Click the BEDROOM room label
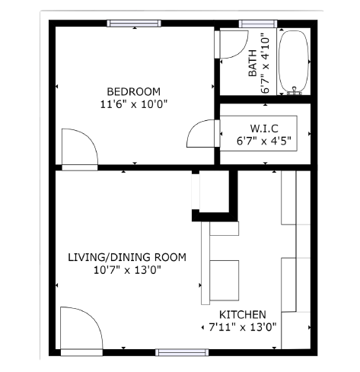[x=134, y=91]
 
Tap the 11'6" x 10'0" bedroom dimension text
[x=134, y=104]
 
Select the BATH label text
[x=253, y=63]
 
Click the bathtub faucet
[x=295, y=91]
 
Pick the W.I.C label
[x=264, y=129]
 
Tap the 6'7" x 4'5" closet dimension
[x=264, y=141]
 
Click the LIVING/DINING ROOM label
[x=127, y=257]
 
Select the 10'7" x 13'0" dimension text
[x=127, y=270]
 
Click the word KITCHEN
[x=243, y=315]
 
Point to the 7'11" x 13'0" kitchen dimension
[x=242, y=327]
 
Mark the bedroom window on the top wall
[x=134, y=24]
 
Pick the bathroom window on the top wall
[x=258, y=24]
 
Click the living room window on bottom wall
[x=182, y=352]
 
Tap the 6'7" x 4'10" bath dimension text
[x=265, y=63]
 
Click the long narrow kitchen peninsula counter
[x=205, y=263]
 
